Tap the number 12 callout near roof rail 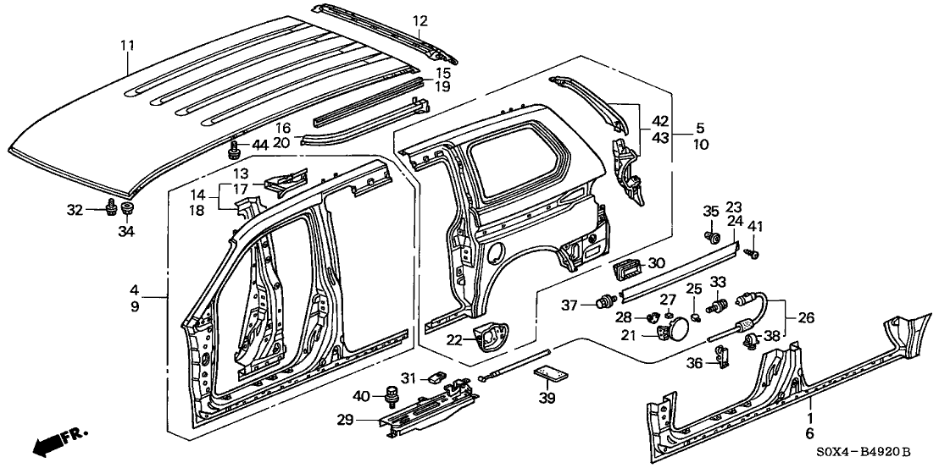click(420, 21)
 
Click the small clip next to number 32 click(111, 207)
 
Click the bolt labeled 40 click(392, 394)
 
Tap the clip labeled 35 click(712, 235)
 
